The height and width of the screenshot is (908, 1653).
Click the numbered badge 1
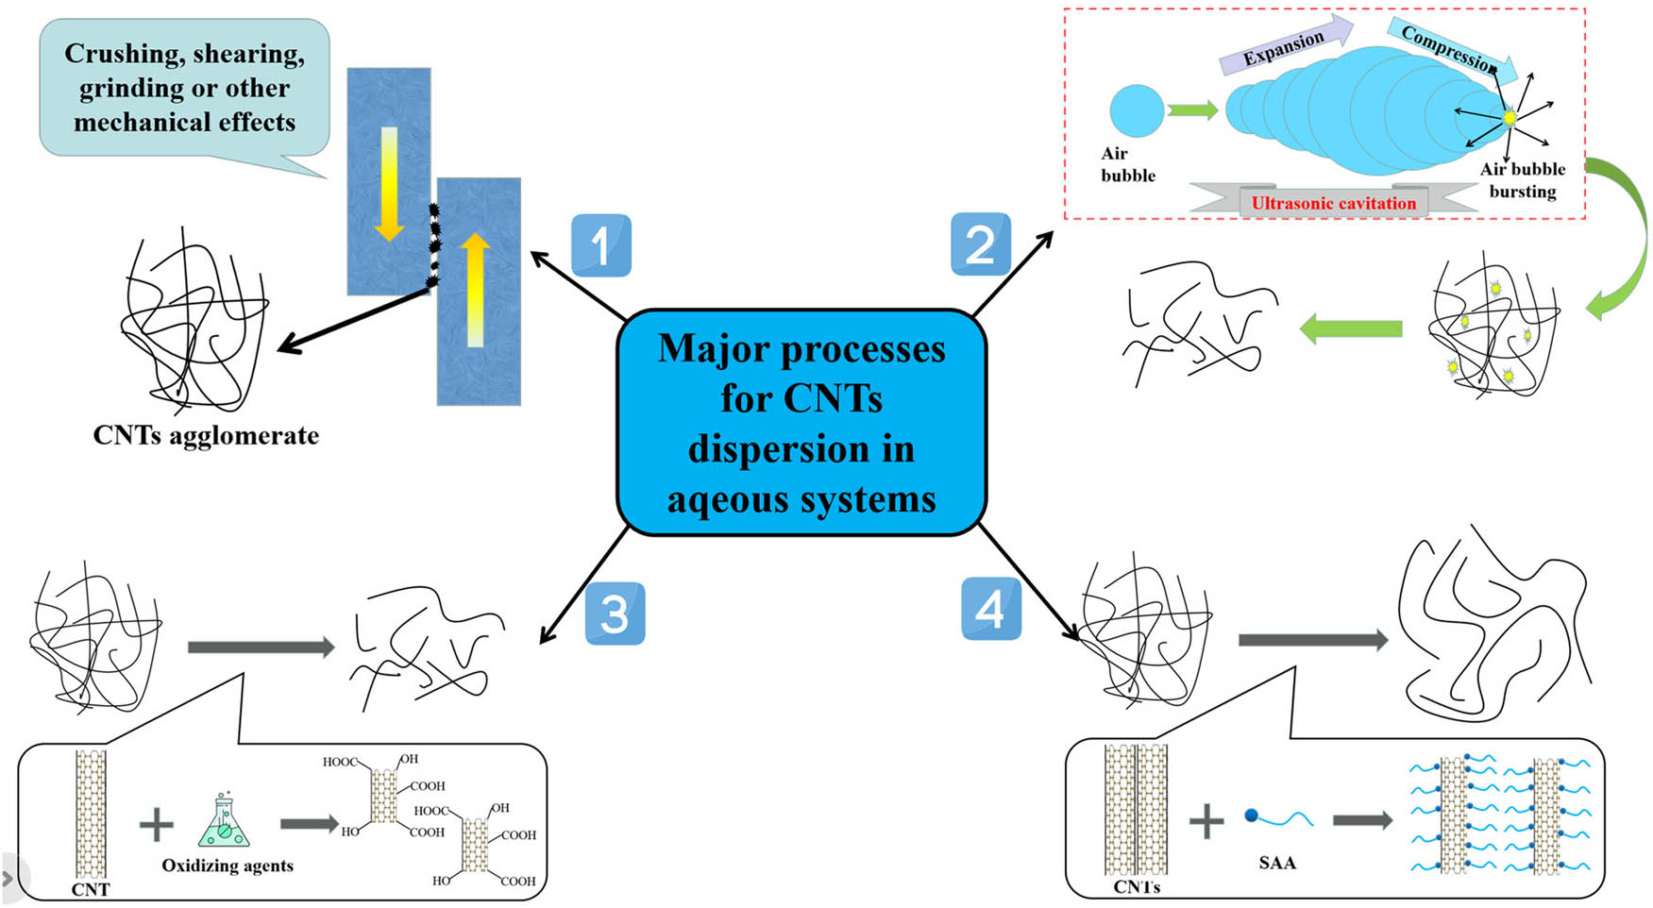(x=600, y=245)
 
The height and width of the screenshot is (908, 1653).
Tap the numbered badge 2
(x=980, y=244)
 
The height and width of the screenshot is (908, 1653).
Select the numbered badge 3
(x=615, y=614)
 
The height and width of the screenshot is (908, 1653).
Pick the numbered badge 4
(x=990, y=609)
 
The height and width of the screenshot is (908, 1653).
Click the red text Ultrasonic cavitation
(x=1333, y=203)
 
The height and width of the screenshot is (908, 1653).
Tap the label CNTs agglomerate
(x=206, y=435)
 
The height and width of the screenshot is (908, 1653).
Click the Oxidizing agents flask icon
(x=224, y=820)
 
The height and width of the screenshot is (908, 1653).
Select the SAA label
(x=1277, y=863)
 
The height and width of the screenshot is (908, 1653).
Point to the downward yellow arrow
(x=389, y=184)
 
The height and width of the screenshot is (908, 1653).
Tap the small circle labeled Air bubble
(x=1136, y=110)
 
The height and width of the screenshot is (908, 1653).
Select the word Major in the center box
(x=713, y=348)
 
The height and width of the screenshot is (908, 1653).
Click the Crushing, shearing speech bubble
(x=185, y=88)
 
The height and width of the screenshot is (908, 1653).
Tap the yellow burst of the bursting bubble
(x=1509, y=118)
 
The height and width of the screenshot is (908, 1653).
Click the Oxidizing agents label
(x=228, y=866)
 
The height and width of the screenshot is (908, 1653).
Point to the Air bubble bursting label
(x=1522, y=180)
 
